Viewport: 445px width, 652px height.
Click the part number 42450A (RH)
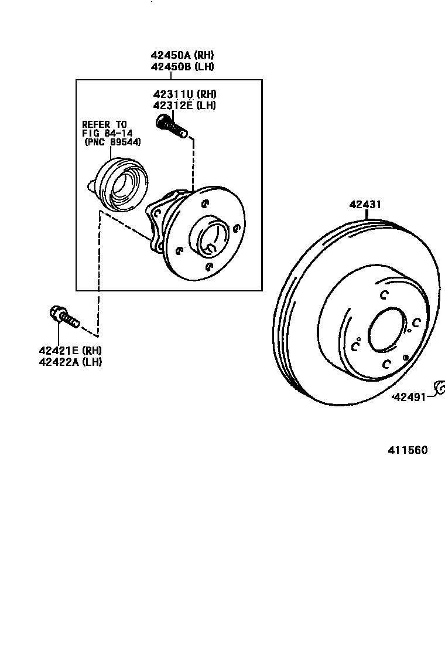[x=182, y=55]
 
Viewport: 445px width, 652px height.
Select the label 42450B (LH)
[x=182, y=67]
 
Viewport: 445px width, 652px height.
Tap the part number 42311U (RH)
[x=184, y=94]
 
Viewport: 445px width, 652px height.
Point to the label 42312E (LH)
[x=184, y=106]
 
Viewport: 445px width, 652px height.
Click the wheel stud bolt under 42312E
[x=171, y=126]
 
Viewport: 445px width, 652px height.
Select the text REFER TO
[x=104, y=124]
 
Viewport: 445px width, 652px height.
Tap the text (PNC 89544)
[x=112, y=142]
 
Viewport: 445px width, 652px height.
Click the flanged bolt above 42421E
[x=61, y=317]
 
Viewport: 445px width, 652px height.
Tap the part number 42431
[x=365, y=205]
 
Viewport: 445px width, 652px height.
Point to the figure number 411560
[x=407, y=450]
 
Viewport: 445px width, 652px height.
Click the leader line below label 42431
[x=367, y=215]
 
